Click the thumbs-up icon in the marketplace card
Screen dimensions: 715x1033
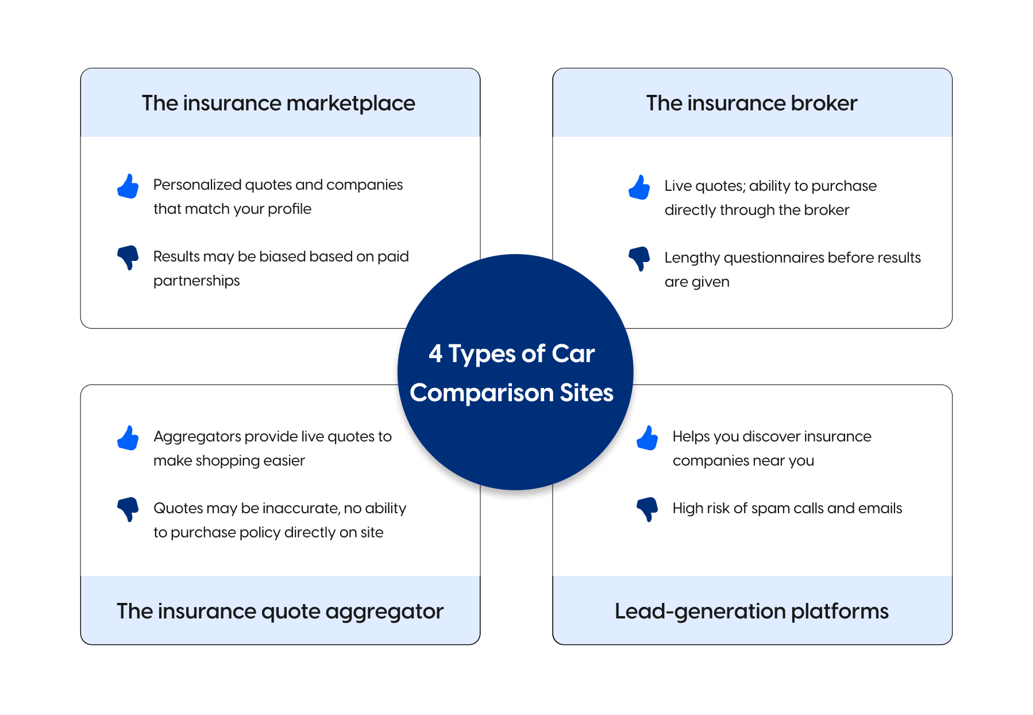(x=128, y=186)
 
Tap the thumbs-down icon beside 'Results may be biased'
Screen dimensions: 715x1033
(x=128, y=257)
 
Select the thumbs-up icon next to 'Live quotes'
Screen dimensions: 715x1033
(x=639, y=187)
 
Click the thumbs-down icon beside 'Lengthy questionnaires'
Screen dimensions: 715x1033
(x=639, y=259)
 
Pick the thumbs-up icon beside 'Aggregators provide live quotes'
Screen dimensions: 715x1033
(x=128, y=438)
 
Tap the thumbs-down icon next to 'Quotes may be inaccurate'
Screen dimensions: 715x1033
(x=128, y=509)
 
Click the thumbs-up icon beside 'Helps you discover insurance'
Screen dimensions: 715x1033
(x=647, y=438)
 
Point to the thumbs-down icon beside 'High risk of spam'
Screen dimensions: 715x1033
(x=647, y=509)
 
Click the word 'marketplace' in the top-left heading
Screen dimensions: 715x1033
(x=350, y=103)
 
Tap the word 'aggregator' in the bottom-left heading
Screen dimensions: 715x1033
(x=384, y=612)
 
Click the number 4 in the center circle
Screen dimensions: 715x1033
(x=435, y=353)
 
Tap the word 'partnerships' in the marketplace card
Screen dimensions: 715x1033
(x=196, y=281)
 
